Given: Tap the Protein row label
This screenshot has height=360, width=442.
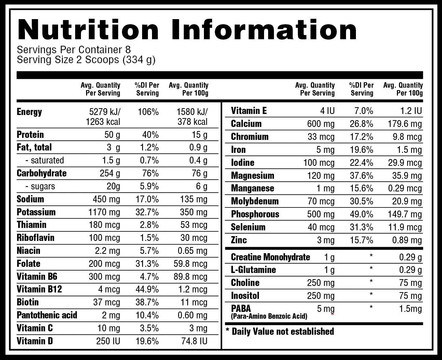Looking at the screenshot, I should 30,135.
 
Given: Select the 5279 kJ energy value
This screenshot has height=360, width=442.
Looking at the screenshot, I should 105,112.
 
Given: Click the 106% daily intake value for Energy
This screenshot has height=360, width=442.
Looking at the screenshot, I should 148,112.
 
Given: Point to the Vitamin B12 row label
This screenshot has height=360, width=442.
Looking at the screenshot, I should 39,290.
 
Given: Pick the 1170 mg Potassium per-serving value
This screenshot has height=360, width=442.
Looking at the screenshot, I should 104,212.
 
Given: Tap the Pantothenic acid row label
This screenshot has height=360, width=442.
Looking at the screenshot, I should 47,315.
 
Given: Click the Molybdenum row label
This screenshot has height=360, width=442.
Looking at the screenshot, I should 254,201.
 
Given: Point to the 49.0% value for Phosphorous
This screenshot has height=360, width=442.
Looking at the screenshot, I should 361,214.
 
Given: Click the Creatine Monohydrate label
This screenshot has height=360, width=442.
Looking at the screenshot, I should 270,257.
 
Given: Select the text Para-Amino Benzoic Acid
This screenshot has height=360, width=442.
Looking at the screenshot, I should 269,316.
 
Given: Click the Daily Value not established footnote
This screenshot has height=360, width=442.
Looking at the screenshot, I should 280,331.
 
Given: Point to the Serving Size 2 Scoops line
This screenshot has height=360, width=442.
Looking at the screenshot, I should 86,60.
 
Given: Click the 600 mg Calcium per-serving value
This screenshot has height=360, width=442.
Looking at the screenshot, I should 321,124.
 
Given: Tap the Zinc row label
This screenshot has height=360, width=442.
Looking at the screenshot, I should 238,240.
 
